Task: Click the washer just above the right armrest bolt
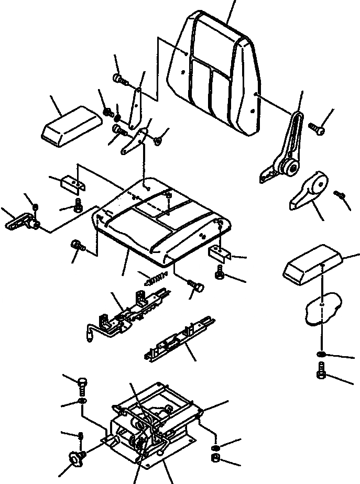point(322,356)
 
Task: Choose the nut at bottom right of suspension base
point(215,459)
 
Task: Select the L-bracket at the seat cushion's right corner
point(220,254)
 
